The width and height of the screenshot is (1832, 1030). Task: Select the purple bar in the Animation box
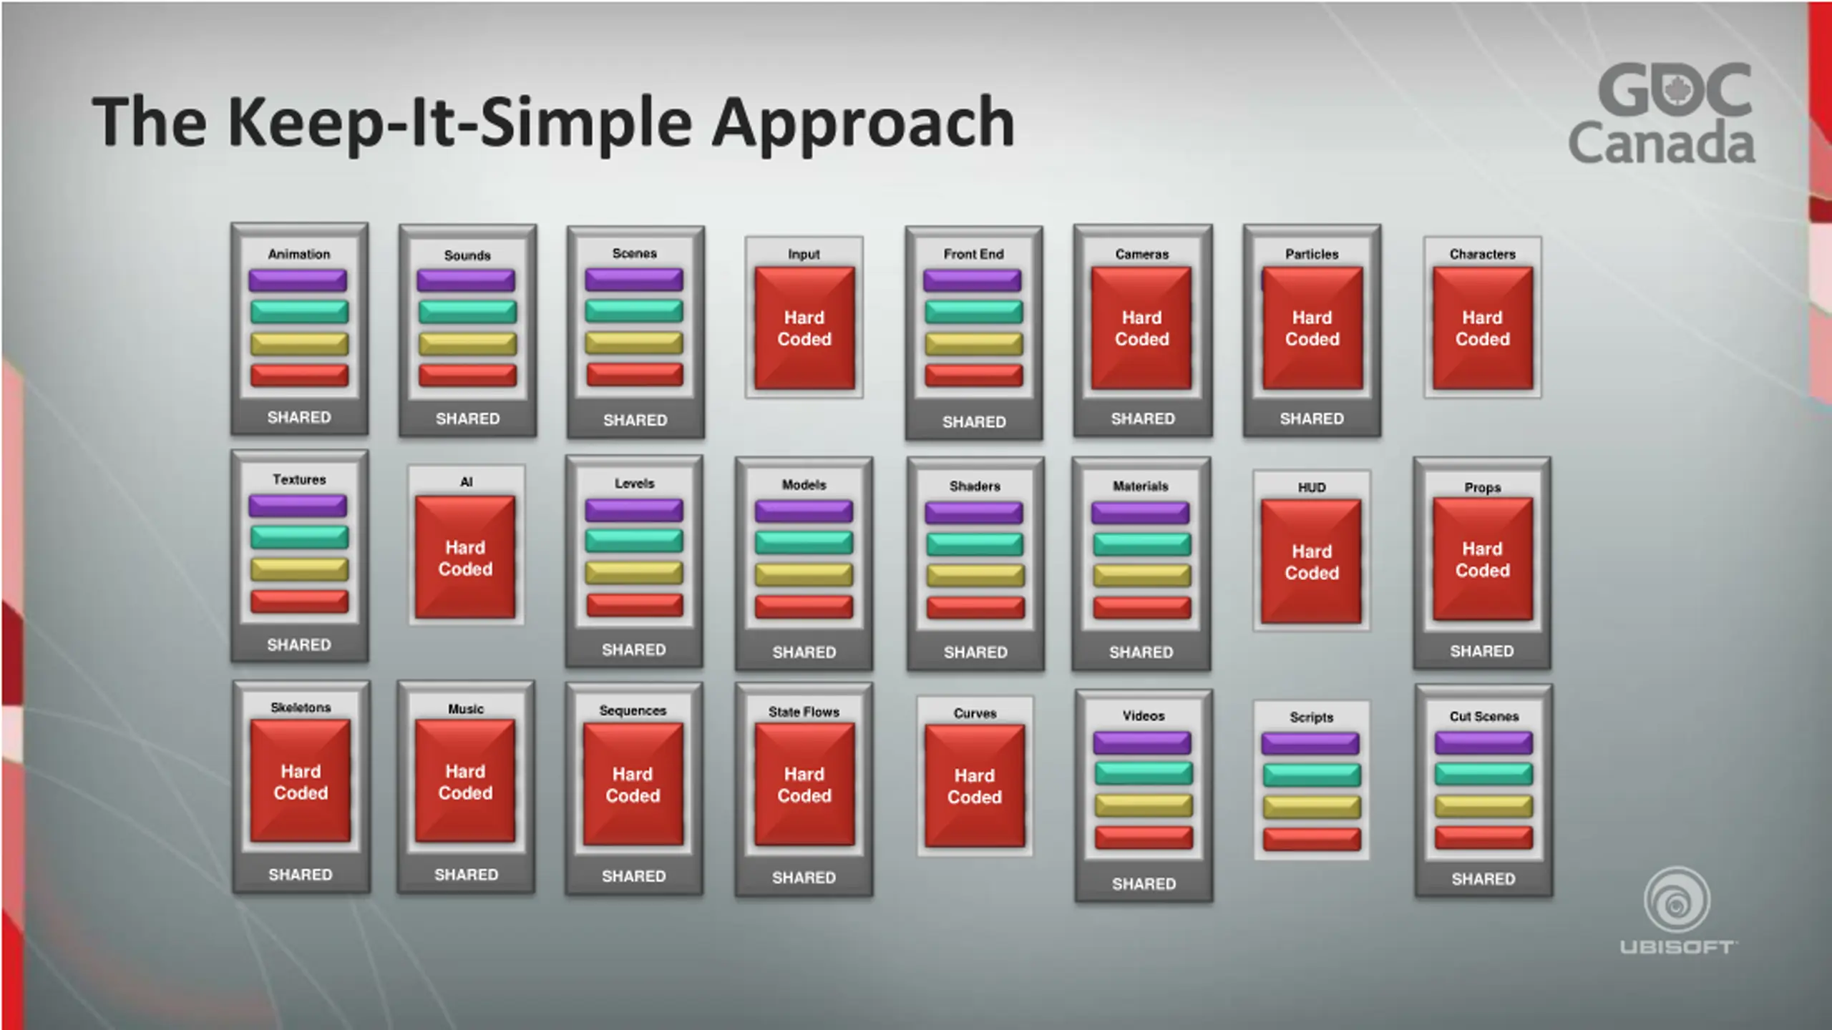point(298,280)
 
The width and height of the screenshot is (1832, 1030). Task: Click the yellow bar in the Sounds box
point(467,344)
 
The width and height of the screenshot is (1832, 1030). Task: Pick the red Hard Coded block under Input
point(804,328)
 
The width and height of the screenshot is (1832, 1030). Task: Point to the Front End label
point(973,254)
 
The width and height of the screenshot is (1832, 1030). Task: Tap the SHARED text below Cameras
point(1142,418)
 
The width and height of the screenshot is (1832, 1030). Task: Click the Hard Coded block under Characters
point(1482,328)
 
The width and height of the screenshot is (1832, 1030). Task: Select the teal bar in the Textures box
point(299,537)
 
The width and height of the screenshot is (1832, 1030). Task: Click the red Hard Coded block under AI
point(465,557)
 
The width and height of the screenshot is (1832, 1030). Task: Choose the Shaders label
point(975,486)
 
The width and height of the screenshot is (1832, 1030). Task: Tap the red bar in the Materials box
point(1141,607)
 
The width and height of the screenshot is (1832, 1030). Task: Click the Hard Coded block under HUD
point(1311,561)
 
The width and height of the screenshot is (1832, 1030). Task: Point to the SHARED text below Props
point(1481,651)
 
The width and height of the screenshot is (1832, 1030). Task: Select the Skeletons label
point(301,707)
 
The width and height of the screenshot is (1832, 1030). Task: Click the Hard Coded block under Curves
point(975,786)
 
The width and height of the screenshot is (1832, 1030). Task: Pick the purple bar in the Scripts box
point(1310,743)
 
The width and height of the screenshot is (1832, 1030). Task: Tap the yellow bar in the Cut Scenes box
point(1483,806)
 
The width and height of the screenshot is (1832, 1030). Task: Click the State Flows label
point(804,712)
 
